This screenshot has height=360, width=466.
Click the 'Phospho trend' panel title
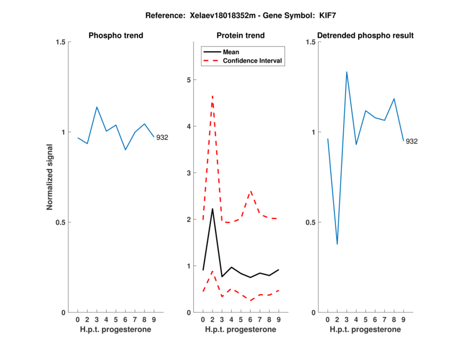tap(116, 36)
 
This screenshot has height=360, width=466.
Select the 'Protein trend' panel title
tap(241, 36)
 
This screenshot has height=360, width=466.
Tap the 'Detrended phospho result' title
tap(365, 36)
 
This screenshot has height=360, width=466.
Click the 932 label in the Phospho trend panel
tap(162, 137)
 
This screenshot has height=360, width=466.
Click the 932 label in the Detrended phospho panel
tap(412, 142)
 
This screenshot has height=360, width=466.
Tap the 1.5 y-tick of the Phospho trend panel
tap(59, 42)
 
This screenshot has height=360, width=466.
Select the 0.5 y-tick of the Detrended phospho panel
tap(309, 223)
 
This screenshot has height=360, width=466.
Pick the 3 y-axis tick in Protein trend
tap(188, 173)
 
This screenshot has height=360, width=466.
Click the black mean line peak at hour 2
tap(213, 209)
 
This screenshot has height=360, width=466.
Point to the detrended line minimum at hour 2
tap(337, 244)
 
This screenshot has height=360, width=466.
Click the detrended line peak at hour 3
tap(347, 72)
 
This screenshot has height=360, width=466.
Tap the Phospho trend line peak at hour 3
tap(97, 107)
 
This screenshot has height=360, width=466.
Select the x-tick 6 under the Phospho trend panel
tap(125, 319)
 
